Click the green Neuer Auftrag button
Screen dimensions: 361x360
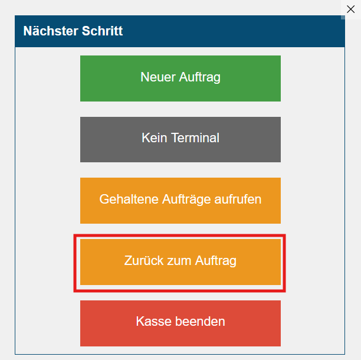180,78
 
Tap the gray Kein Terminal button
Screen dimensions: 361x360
180,139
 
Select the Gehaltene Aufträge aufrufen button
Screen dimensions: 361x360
180,201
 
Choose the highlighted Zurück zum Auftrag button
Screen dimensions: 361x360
180,262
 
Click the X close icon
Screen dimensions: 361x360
350,9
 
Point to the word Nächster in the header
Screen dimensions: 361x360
51,31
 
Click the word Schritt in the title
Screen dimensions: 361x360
102,31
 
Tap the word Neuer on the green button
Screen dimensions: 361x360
158,77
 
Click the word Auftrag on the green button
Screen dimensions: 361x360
199,77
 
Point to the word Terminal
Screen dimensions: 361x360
195,138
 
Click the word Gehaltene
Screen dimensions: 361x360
129,199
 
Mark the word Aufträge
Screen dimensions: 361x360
186,199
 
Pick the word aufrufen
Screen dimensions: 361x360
238,199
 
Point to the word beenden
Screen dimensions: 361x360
200,321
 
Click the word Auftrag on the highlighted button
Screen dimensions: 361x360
215,261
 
